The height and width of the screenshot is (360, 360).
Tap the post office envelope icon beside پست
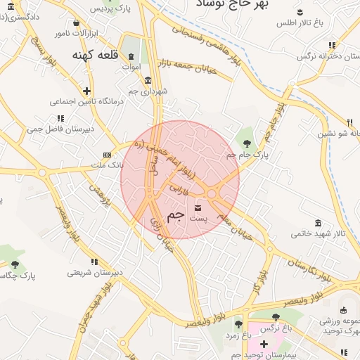pyautogui.click(x=198, y=207)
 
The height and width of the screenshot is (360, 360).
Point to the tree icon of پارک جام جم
pyautogui.click(x=246, y=141)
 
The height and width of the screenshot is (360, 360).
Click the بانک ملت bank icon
pyautogui.click(x=107, y=155)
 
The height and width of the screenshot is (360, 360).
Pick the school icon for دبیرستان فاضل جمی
pyautogui.click(x=58, y=119)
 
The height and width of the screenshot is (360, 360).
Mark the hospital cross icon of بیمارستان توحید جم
pyautogui.click(x=264, y=344)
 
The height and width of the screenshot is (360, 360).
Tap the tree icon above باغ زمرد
pyautogui.click(x=238, y=324)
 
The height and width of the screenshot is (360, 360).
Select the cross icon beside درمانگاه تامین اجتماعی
pyautogui.click(x=86, y=91)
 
